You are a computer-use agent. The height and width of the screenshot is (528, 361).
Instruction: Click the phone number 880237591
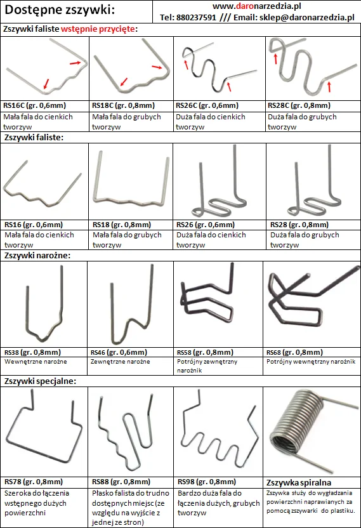click(x=196, y=18)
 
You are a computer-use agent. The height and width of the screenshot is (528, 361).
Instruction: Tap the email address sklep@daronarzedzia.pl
click(x=307, y=18)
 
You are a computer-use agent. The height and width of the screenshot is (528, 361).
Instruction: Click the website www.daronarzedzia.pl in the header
click(x=256, y=6)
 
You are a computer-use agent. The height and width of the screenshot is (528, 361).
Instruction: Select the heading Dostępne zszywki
click(x=60, y=10)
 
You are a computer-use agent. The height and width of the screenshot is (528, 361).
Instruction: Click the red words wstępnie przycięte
click(x=98, y=29)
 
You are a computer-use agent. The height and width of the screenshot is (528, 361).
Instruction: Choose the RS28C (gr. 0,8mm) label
click(x=299, y=105)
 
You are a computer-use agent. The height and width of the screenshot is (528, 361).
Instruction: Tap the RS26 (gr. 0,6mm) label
click(x=206, y=225)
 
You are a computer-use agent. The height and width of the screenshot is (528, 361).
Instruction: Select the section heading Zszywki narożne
click(x=37, y=255)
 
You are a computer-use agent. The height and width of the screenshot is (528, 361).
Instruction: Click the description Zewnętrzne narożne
click(x=120, y=362)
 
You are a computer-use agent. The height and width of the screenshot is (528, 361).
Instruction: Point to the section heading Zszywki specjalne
click(x=40, y=381)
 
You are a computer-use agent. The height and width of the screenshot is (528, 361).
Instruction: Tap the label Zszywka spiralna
click(x=299, y=482)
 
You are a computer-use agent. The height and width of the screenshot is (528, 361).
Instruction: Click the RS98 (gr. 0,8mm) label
click(x=207, y=482)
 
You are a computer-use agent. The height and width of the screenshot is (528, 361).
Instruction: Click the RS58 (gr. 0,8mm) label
click(x=205, y=352)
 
